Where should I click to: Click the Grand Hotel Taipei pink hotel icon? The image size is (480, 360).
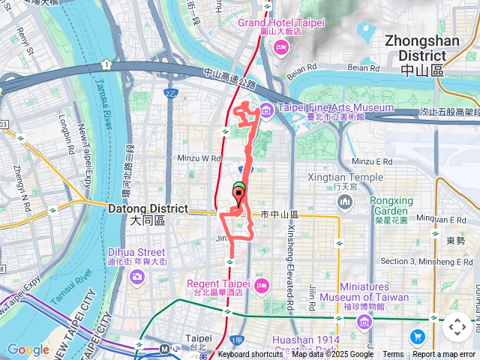point(281,49)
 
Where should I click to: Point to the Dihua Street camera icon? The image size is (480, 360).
point(136,277)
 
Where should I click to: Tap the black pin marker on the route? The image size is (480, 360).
point(239,197)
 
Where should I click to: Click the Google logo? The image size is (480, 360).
point(28,349)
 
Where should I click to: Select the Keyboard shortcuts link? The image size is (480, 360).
point(250,354)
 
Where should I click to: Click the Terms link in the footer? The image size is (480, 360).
point(393,354)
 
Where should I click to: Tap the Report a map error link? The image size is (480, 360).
point(443,354)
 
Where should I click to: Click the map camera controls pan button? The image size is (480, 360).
point(457,327)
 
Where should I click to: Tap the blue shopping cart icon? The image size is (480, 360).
point(418,335)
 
